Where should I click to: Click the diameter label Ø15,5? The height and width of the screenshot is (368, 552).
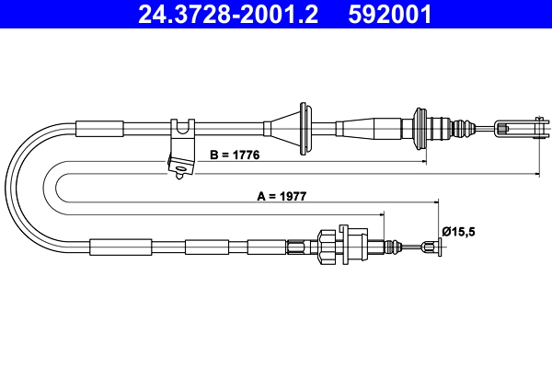click(x=456, y=230)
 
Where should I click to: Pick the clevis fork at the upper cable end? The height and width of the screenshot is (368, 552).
click(x=515, y=126)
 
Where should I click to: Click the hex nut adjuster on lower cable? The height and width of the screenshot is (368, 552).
click(x=327, y=246)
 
